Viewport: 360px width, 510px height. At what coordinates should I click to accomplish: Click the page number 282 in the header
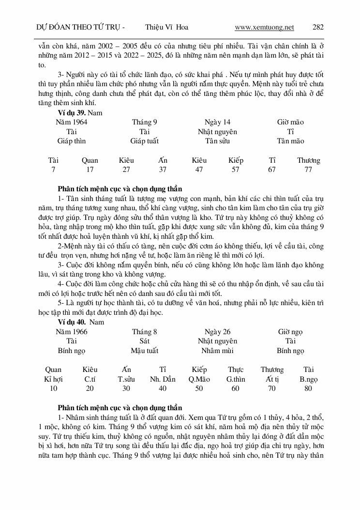[318, 27]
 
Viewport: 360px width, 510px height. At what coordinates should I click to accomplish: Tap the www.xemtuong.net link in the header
[264, 27]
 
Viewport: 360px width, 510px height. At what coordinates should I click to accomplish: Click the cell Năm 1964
[72, 122]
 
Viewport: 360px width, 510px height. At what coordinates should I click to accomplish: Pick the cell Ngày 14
[217, 122]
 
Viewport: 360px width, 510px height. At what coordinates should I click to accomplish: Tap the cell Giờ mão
[290, 122]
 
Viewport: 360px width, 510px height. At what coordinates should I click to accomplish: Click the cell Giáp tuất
[144, 141]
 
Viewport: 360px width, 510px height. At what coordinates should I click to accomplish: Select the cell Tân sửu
[217, 141]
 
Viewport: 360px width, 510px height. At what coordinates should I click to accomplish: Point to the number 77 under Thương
[308, 170]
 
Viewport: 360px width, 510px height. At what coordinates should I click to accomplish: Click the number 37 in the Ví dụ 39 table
[163, 170]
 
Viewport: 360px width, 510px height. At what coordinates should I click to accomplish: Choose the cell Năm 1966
[72, 332]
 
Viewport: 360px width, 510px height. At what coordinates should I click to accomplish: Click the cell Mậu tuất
[144, 351]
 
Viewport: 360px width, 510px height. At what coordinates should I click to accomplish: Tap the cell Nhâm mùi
[217, 351]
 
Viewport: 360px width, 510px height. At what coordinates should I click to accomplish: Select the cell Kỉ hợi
[53, 379]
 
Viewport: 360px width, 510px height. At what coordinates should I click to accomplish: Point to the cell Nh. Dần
[163, 379]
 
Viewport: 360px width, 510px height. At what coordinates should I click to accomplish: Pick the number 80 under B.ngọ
[308, 388]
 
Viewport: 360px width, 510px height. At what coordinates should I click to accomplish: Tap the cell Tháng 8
[144, 332]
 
